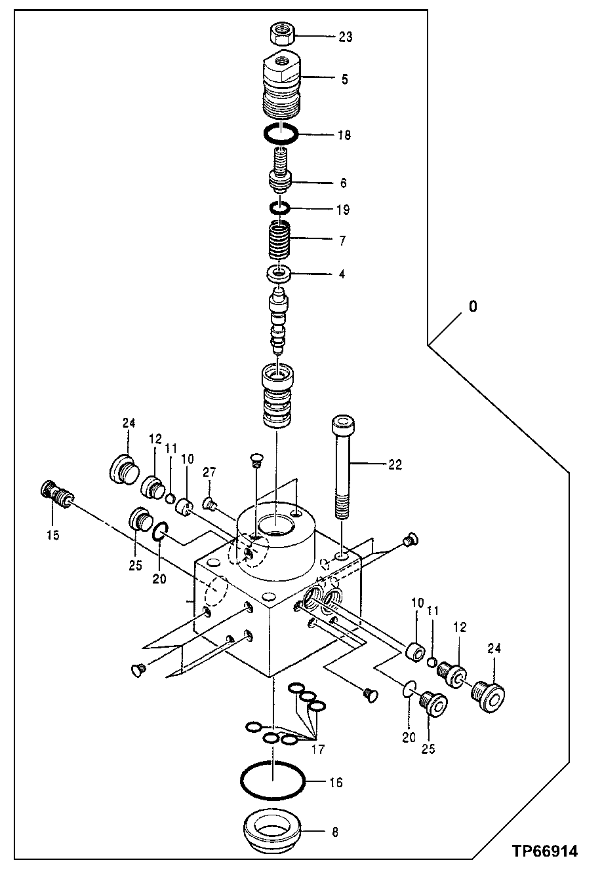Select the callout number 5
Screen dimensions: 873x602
pyautogui.click(x=344, y=79)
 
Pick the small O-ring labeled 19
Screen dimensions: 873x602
pyautogui.click(x=280, y=209)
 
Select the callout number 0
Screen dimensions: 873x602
pyautogui.click(x=473, y=306)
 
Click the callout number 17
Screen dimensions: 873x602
pyautogui.click(x=317, y=749)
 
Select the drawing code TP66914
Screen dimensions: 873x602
pyautogui.click(x=545, y=851)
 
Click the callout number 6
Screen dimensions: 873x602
pyautogui.click(x=344, y=183)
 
